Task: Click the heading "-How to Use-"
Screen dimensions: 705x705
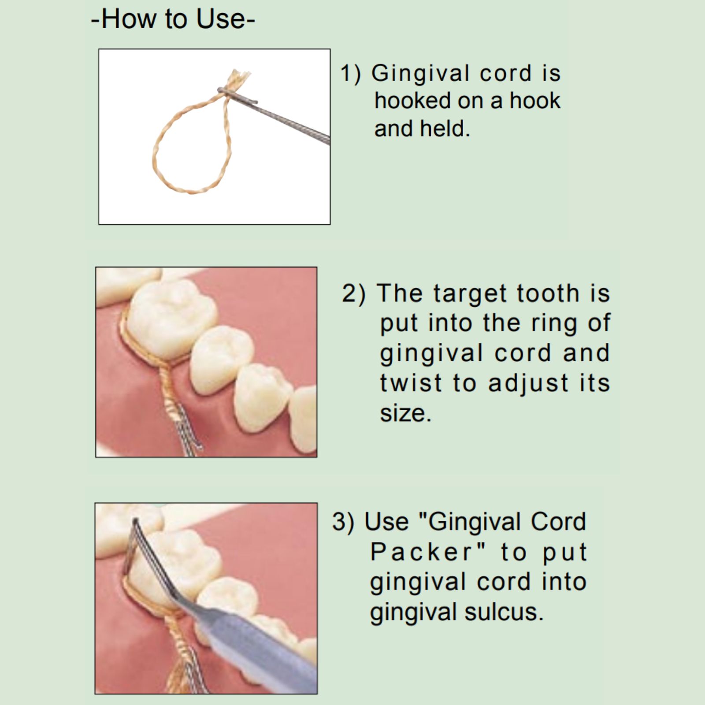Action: click(173, 20)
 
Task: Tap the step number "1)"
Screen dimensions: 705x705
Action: click(351, 73)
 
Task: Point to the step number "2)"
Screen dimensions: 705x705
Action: click(354, 293)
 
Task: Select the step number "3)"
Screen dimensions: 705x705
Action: click(343, 522)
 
